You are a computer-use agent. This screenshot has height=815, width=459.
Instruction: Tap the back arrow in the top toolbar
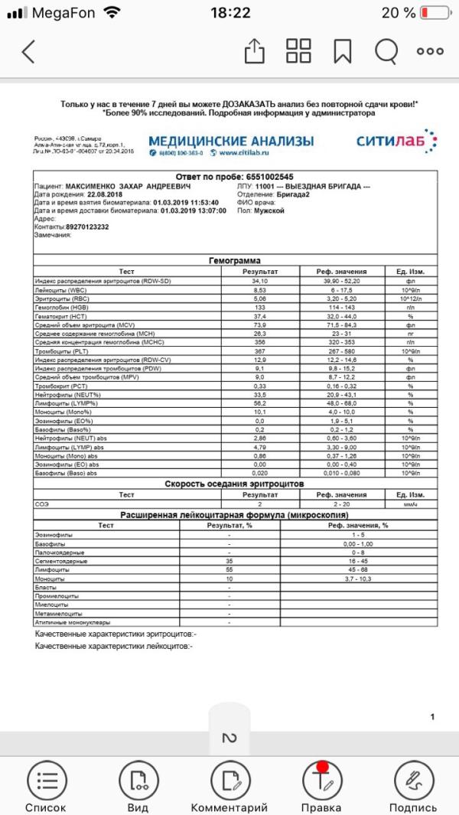pyautogui.click(x=28, y=51)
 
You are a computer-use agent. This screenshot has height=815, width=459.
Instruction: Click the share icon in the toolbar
pyautogui.click(x=254, y=51)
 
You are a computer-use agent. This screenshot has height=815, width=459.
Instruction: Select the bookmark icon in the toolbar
pyautogui.click(x=343, y=51)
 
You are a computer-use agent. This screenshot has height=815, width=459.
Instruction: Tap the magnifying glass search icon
pyautogui.click(x=386, y=51)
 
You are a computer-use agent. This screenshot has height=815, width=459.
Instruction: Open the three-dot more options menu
pyautogui.click(x=430, y=51)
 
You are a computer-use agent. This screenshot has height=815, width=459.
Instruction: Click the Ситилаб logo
pyautogui.click(x=396, y=142)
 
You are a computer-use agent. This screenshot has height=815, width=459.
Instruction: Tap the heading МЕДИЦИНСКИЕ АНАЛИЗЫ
pyautogui.click(x=231, y=141)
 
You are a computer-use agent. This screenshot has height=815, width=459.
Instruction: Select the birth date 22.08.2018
pyautogui.click(x=96, y=194)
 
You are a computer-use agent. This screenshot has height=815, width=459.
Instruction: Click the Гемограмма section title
pyautogui.click(x=235, y=261)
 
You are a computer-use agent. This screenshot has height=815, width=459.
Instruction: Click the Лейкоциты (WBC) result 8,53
pyautogui.click(x=259, y=290)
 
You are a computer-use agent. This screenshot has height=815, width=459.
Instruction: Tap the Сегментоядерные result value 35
pyautogui.click(x=229, y=562)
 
